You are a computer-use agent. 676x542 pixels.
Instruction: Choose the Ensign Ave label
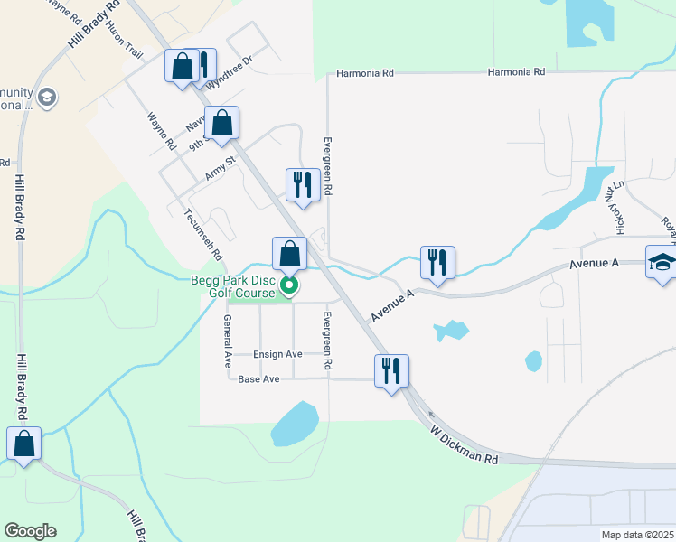click(x=277, y=354)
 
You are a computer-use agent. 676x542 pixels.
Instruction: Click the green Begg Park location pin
click(x=289, y=286)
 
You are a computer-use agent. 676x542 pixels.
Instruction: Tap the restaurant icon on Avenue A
click(x=437, y=261)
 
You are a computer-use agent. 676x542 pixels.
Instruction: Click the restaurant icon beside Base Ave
click(x=391, y=370)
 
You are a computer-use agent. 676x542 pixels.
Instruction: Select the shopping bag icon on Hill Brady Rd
click(x=23, y=443)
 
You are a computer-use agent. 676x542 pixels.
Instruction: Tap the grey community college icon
click(x=47, y=97)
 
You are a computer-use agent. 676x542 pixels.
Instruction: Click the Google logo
click(x=30, y=531)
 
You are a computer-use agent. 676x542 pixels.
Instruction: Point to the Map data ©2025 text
click(x=638, y=535)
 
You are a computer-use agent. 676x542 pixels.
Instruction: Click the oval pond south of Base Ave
click(x=295, y=424)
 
